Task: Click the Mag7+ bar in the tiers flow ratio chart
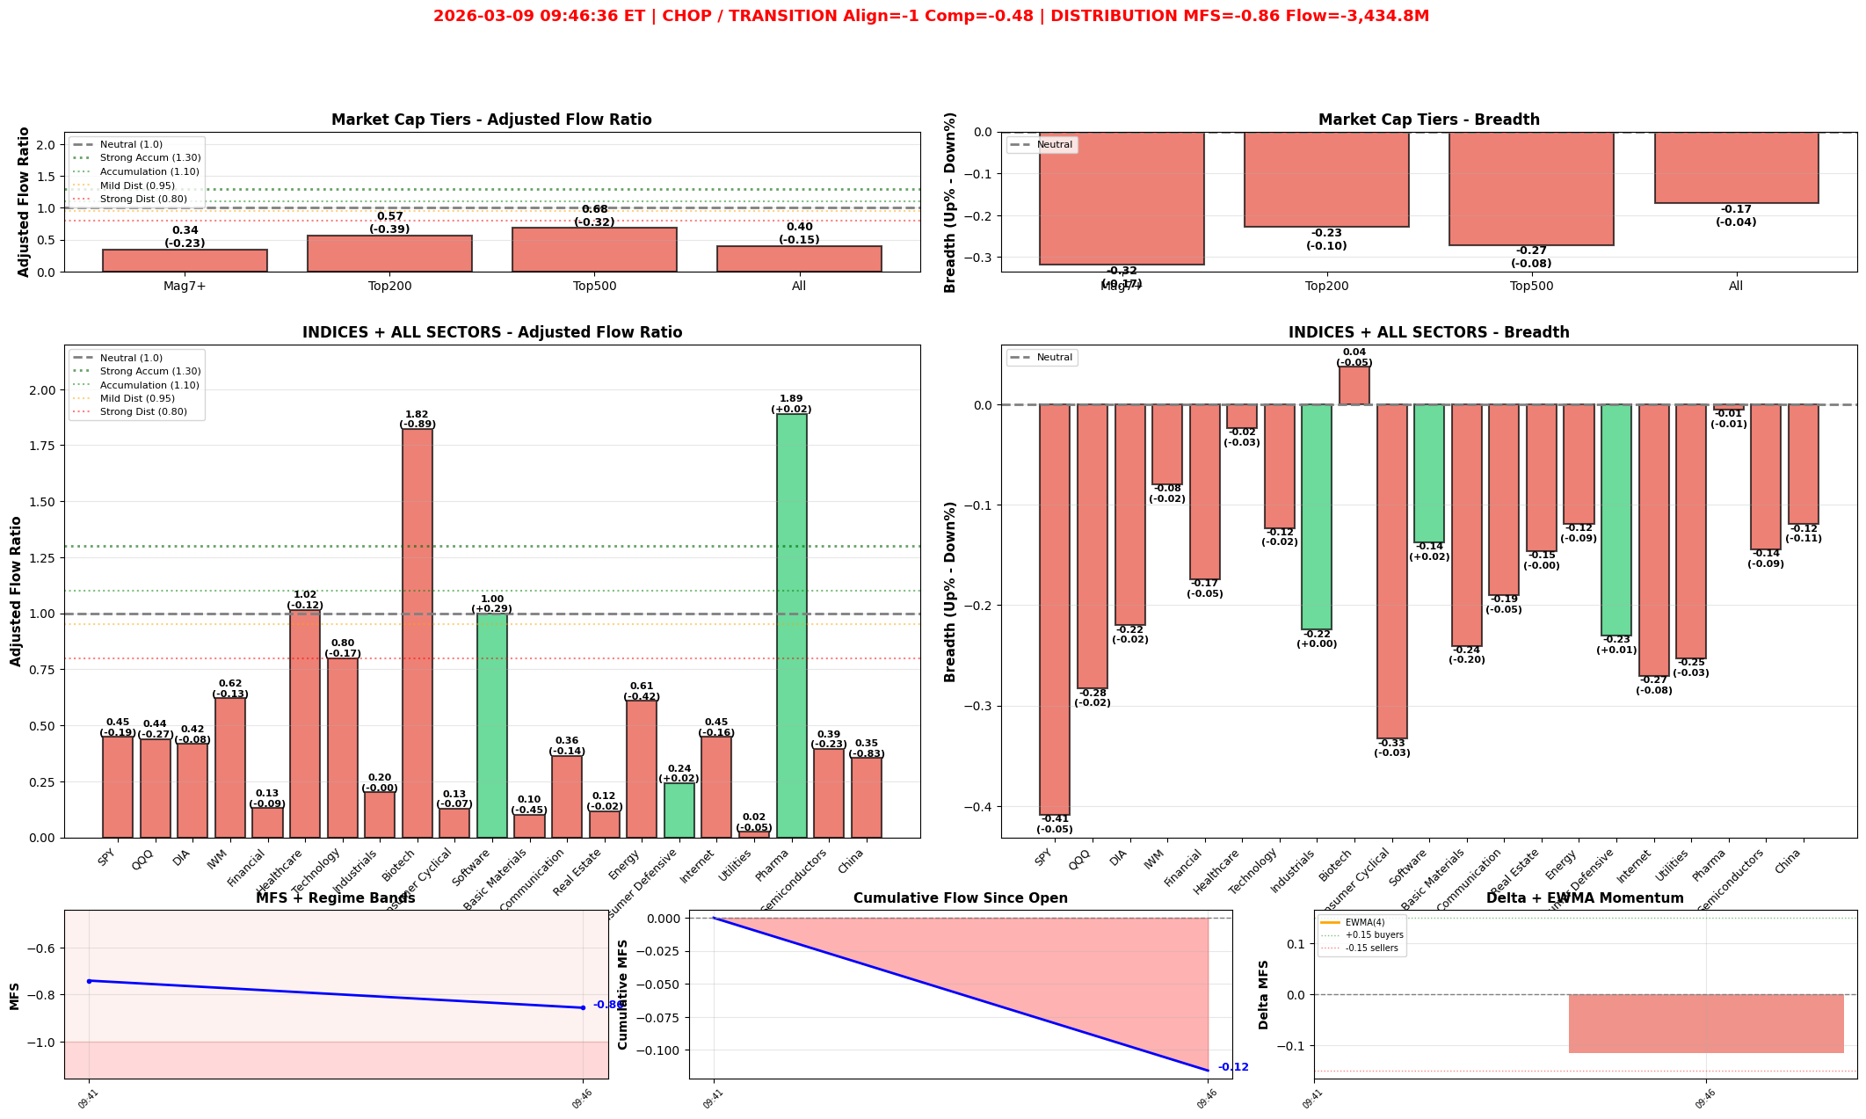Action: point(185,260)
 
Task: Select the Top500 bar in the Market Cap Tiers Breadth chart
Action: point(1531,188)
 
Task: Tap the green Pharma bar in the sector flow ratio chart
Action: point(791,625)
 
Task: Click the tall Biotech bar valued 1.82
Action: point(417,633)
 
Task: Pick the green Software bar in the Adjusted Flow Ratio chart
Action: point(492,725)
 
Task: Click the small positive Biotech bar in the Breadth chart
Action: point(1354,386)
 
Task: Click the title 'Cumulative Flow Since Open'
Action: point(960,898)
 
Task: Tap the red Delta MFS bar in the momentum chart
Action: point(1705,1023)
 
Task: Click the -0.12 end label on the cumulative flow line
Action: point(1233,1067)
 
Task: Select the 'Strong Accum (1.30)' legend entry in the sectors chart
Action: point(149,371)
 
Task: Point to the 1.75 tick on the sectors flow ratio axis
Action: point(44,446)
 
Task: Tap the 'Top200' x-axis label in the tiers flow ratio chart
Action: point(389,286)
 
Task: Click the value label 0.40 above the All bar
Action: point(799,227)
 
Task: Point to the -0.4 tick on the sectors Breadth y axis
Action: point(978,806)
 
